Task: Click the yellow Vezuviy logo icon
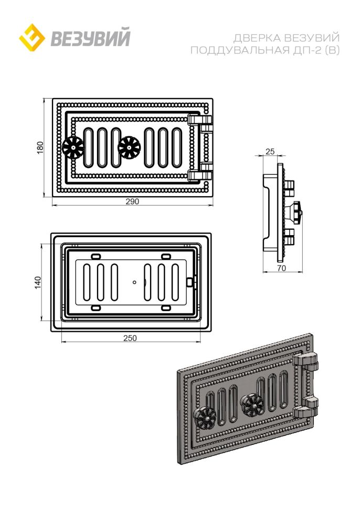click(x=32, y=38)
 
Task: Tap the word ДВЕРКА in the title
click(x=257, y=38)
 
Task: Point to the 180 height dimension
click(x=40, y=147)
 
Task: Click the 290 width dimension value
click(x=132, y=202)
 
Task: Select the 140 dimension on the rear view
click(x=38, y=282)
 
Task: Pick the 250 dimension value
click(x=130, y=338)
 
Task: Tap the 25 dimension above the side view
click(x=270, y=151)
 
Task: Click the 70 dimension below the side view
click(x=282, y=268)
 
